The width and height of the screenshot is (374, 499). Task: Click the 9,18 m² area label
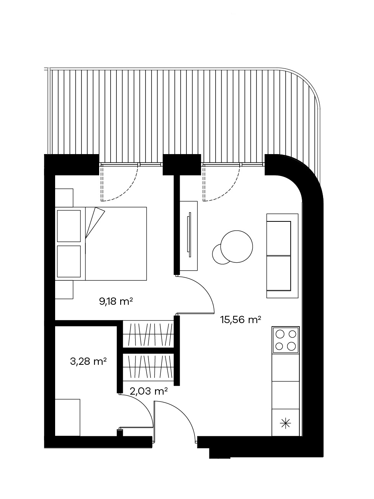[x=116, y=301]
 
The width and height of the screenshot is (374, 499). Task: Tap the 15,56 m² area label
[x=240, y=320]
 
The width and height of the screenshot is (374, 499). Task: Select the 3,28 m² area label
[x=88, y=361]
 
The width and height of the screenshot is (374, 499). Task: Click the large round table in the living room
[x=237, y=246]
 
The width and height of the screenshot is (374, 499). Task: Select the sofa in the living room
[x=283, y=256]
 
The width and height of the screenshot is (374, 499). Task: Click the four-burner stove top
[x=286, y=340]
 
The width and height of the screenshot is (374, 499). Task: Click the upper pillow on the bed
[x=69, y=226]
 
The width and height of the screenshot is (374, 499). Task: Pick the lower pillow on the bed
[x=69, y=262]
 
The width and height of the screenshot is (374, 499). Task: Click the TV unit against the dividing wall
[x=188, y=236]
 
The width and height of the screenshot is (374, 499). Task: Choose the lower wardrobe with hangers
[x=148, y=367]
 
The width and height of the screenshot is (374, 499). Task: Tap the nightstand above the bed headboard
[x=64, y=198]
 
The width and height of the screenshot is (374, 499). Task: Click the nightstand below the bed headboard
[x=64, y=289]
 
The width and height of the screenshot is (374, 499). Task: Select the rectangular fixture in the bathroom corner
[x=67, y=418]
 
